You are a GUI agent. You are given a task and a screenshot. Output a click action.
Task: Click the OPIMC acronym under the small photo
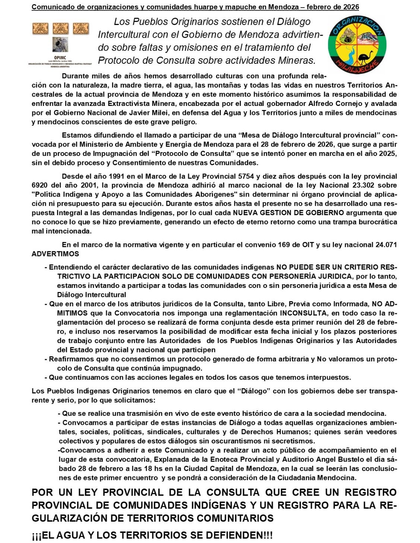(x=60, y=57)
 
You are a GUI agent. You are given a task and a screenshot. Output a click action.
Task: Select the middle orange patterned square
(x=60, y=29)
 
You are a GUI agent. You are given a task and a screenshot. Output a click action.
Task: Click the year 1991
(x=117, y=176)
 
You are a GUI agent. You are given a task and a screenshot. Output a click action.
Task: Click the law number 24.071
(x=382, y=245)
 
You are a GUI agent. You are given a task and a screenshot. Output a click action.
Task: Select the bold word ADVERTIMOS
(x=55, y=254)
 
